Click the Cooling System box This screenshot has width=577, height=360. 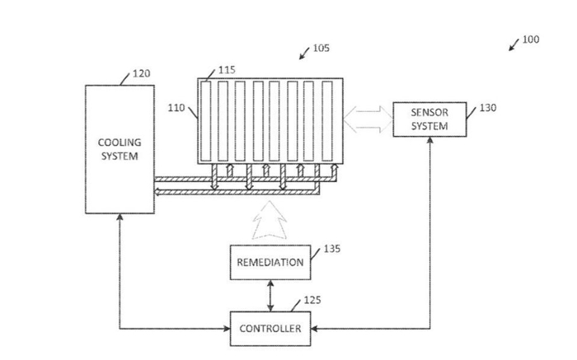[x=120, y=148]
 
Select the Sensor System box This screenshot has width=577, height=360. [x=429, y=119]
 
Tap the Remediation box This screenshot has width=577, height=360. [x=270, y=263]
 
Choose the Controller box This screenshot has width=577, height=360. [x=270, y=330]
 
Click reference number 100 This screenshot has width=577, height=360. [x=531, y=39]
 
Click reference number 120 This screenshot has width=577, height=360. [x=142, y=74]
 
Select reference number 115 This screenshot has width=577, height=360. [x=226, y=71]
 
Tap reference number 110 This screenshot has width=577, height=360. [x=177, y=108]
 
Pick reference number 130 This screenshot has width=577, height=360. [x=488, y=107]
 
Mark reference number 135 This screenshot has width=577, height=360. [x=331, y=247]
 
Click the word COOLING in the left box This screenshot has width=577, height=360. [x=120, y=143]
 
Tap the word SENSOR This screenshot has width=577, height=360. [x=429, y=114]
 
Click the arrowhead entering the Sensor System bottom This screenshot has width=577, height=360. [x=429, y=142]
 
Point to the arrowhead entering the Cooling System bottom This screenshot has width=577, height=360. [x=120, y=216]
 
